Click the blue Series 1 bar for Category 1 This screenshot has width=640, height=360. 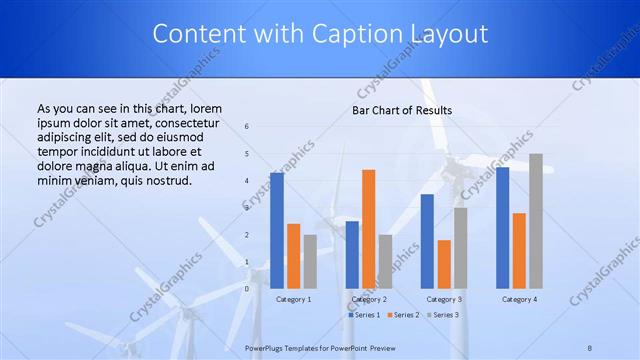(277, 230)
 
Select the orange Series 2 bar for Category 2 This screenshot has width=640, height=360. (369, 228)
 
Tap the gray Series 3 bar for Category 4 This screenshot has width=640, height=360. (536, 221)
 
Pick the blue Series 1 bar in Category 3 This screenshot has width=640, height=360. (427, 241)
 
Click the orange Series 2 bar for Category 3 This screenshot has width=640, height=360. (444, 264)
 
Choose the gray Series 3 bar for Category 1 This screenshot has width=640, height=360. (310, 261)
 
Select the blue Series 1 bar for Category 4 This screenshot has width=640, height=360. (502, 227)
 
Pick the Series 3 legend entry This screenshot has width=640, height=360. (444, 315)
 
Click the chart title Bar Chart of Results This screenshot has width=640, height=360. (402, 110)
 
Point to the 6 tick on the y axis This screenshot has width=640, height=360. (247, 127)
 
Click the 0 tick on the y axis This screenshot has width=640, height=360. (247, 288)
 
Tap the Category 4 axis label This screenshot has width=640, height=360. (519, 299)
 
